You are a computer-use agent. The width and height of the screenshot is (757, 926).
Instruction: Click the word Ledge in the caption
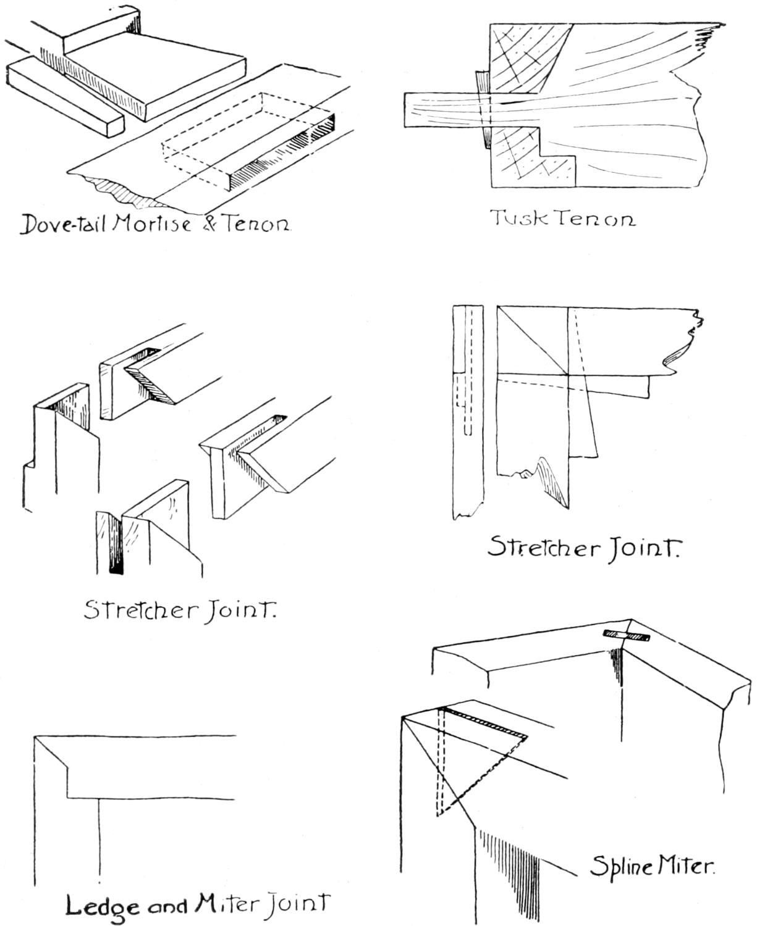coord(102,906)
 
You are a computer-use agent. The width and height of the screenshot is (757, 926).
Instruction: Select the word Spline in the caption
coord(620,867)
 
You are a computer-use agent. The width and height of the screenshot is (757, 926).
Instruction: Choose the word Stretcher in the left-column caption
coord(141,611)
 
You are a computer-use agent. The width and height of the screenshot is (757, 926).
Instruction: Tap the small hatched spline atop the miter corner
coord(627,636)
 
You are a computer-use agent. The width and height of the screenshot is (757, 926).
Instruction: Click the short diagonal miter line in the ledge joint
coord(50,751)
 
